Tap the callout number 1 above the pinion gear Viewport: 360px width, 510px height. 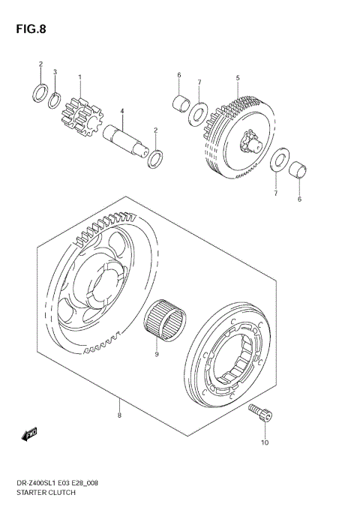79,76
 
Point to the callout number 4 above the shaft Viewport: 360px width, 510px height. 121,111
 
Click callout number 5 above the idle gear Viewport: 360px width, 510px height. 237,77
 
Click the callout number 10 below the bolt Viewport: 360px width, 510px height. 265,442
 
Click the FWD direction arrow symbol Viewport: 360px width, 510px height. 31,433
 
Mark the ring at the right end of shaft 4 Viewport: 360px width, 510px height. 155,159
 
